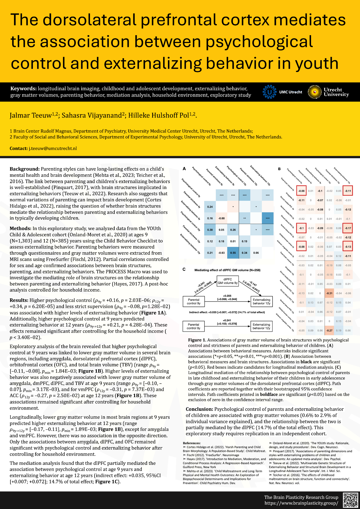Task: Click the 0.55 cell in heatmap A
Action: point(233,253)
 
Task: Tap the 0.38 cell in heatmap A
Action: point(210,230)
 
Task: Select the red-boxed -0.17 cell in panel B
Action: point(348,228)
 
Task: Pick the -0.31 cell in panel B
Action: point(329,293)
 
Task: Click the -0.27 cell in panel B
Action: point(329,330)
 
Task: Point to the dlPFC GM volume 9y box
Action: point(228,281)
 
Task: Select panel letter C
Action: point(184,269)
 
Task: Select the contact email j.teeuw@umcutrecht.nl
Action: point(53,148)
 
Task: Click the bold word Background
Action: point(24,169)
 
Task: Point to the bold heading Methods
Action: point(20,228)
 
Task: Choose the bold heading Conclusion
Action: point(199,409)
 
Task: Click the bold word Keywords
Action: point(23,89)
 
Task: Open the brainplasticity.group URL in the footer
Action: point(301,503)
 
